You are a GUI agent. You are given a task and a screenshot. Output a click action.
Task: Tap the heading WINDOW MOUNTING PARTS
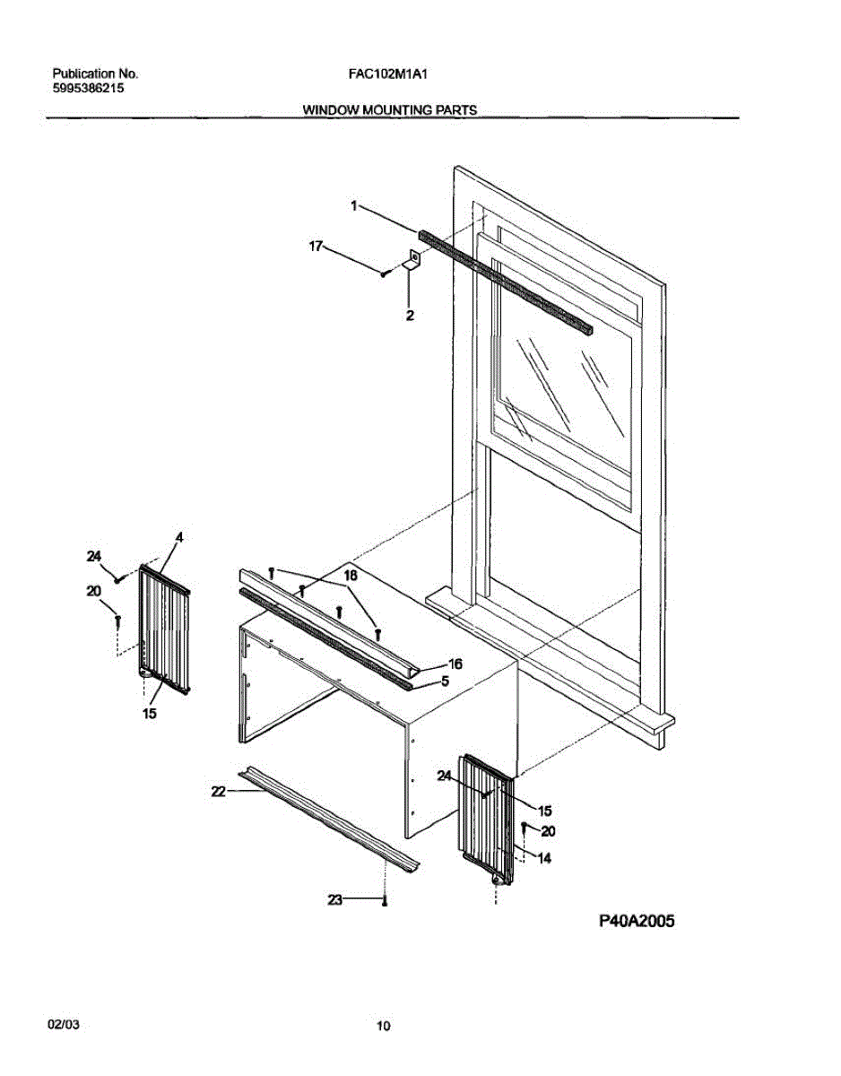(389, 110)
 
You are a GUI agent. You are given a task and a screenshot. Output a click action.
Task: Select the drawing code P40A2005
(636, 921)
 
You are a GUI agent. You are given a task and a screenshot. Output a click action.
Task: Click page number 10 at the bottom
(384, 1027)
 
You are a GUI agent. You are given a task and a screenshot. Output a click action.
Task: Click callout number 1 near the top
(354, 205)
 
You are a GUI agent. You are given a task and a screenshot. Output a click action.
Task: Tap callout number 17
(316, 245)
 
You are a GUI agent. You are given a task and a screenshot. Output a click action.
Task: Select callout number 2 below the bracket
(409, 315)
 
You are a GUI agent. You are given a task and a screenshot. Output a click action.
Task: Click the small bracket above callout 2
(413, 261)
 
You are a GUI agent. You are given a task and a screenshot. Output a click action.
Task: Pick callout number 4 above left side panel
(178, 537)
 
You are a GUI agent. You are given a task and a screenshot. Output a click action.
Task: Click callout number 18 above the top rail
(350, 575)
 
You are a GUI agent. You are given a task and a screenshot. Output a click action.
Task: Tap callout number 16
(455, 664)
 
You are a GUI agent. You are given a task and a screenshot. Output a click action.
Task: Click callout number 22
(216, 791)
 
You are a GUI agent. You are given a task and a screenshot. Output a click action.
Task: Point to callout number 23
(335, 899)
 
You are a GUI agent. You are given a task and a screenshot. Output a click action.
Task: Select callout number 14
(543, 858)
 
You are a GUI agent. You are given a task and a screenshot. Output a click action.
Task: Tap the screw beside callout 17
(384, 273)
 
